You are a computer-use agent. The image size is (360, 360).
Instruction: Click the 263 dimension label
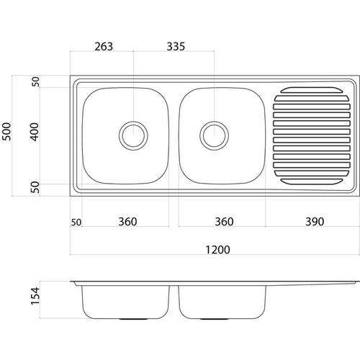[x=104, y=47]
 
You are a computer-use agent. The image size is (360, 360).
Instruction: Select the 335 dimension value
[x=176, y=47]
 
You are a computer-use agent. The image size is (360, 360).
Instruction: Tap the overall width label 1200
[x=217, y=250]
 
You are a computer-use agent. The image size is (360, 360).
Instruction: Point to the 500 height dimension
[x=6, y=132]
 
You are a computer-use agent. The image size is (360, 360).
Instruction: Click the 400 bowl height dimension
[x=35, y=132]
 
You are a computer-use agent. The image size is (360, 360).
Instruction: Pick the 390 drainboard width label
[x=315, y=222]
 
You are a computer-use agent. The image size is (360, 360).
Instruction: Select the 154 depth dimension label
[x=35, y=296]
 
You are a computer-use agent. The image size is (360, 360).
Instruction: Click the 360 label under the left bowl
[x=127, y=222]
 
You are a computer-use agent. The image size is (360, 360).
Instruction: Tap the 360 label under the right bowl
[x=224, y=222]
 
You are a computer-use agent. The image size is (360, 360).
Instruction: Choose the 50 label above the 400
[x=35, y=81]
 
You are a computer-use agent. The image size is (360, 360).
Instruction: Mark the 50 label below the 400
[x=35, y=187]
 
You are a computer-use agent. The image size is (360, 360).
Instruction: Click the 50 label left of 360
[x=76, y=222]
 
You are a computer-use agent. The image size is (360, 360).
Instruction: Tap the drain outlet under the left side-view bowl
[x=133, y=319]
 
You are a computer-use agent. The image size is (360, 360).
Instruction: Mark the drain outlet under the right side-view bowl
[x=215, y=319]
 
